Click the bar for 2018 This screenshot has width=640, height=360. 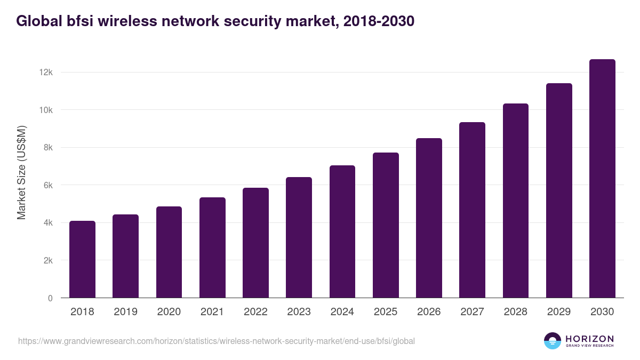(x=82, y=259)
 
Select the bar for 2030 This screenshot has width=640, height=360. (x=602, y=179)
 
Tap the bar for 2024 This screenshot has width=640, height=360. (x=342, y=231)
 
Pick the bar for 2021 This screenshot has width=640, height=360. (x=212, y=247)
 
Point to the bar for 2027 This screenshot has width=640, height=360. (x=472, y=210)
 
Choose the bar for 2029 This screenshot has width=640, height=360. (x=559, y=190)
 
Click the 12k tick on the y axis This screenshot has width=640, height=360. (x=46, y=72)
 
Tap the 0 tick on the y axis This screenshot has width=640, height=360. (x=50, y=298)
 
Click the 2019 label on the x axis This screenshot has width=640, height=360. (x=125, y=312)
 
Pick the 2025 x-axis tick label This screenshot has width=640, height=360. (x=386, y=312)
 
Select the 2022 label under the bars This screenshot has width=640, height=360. (x=255, y=312)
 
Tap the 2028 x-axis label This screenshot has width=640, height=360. (x=516, y=312)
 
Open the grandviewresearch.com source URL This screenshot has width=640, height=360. (x=216, y=341)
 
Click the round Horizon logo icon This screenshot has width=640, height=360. (x=553, y=341)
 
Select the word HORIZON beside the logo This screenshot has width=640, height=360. (x=589, y=339)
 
